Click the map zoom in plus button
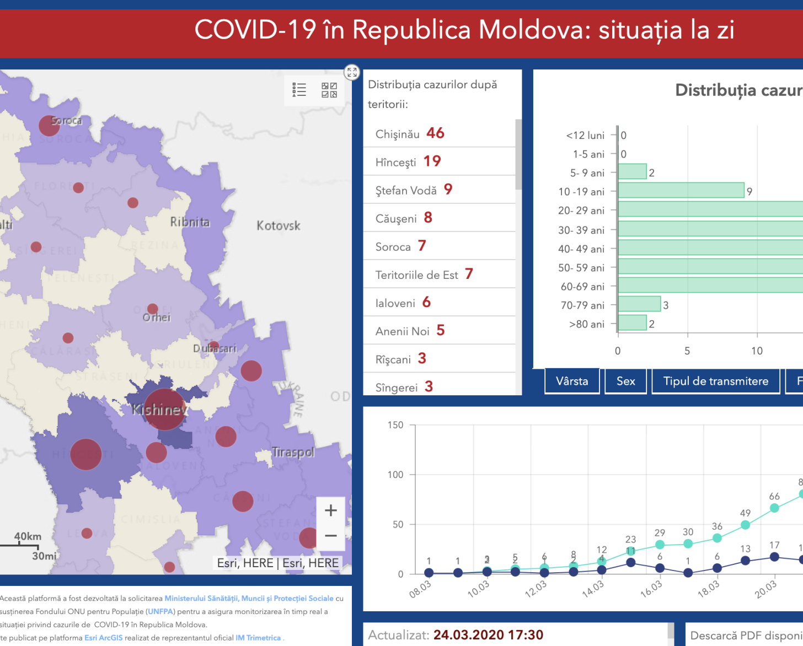click(331, 510)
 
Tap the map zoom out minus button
click(331, 536)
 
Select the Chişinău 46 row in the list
click(410, 133)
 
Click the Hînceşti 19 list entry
click(408, 161)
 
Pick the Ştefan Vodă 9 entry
click(414, 190)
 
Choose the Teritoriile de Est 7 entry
click(424, 274)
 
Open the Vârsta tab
click(572, 381)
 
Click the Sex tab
click(625, 381)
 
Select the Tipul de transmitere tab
click(715, 381)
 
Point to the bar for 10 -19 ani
click(681, 191)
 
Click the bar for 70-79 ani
click(639, 304)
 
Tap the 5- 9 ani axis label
click(587, 173)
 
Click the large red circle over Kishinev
click(164, 409)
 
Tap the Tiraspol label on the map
click(293, 453)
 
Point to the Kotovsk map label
click(279, 225)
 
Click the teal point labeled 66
click(774, 508)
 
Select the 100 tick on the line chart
click(395, 475)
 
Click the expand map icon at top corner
click(352, 72)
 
